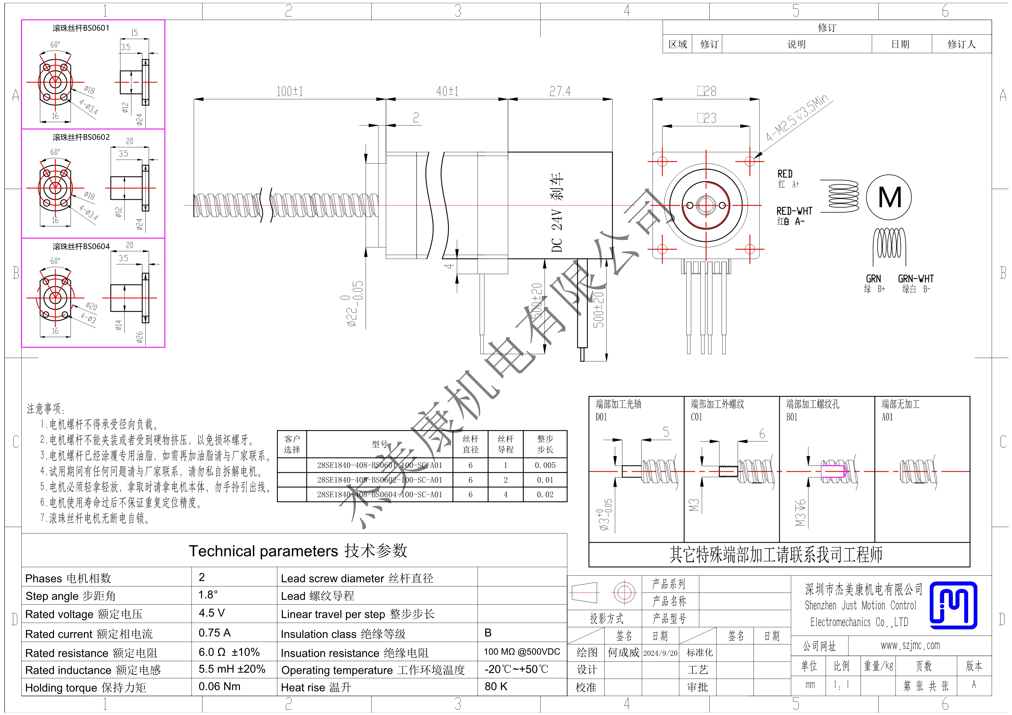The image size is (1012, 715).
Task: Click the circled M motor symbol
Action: tap(889, 197)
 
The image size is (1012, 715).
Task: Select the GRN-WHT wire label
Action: tap(916, 279)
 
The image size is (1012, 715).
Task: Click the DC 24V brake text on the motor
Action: tap(557, 213)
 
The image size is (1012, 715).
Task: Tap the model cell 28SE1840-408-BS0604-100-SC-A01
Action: tap(380, 495)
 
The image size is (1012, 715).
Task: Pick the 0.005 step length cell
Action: tap(545, 465)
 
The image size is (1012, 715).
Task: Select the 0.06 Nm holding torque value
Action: tap(220, 686)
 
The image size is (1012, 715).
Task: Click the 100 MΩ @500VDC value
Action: tap(522, 652)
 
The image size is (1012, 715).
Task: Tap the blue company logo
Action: tap(953, 605)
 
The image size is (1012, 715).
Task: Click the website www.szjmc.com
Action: tap(910, 645)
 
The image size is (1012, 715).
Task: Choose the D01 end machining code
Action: tap(601, 417)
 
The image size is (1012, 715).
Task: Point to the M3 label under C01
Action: tap(694, 505)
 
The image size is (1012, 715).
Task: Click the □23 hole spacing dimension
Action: tap(706, 118)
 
